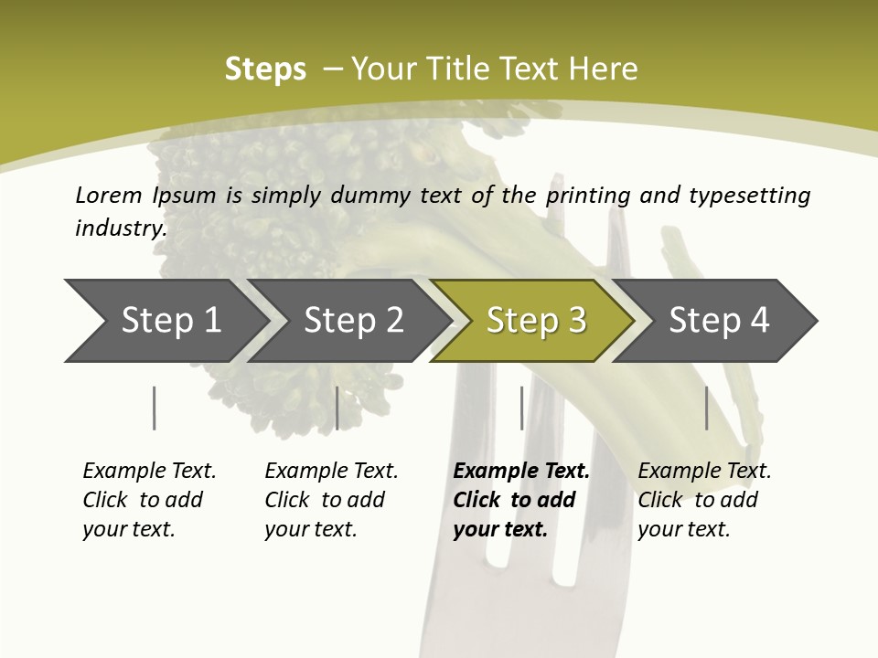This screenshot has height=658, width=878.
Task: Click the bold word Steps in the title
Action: (265, 69)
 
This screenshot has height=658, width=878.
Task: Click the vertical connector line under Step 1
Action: (154, 408)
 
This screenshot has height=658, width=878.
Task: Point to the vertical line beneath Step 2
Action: (337, 408)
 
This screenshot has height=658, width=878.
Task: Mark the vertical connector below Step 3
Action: (521, 408)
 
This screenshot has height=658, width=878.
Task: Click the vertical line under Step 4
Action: (706, 408)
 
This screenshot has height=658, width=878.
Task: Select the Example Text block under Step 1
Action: (149, 500)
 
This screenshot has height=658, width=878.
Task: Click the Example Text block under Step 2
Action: (331, 500)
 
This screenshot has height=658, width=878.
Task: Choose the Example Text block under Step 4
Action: (704, 500)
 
